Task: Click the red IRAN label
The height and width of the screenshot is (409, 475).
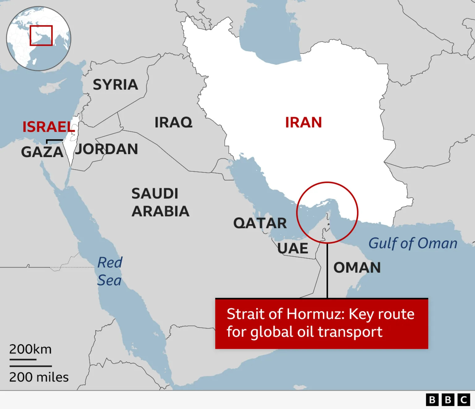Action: (303, 123)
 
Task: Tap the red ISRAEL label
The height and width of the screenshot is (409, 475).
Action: (49, 127)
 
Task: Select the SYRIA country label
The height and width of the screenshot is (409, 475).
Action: (115, 85)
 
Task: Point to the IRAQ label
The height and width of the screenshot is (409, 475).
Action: (173, 123)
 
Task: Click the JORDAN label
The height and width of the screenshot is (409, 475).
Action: (106, 149)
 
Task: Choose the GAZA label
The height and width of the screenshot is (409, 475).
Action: (42, 152)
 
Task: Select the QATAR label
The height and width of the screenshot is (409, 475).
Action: (260, 223)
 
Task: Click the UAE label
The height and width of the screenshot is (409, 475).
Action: (293, 248)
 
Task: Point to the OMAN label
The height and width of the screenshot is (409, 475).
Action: (357, 268)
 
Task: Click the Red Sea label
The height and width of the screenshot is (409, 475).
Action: (109, 272)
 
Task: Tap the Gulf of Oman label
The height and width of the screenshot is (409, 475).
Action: (413, 243)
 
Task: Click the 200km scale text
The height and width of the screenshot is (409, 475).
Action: (30, 349)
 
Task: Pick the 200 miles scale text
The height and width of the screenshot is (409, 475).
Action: (39, 377)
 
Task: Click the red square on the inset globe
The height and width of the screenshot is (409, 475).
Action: (41, 36)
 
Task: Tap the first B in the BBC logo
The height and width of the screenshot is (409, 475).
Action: (432, 400)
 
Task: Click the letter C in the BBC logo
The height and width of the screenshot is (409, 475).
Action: (464, 400)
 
